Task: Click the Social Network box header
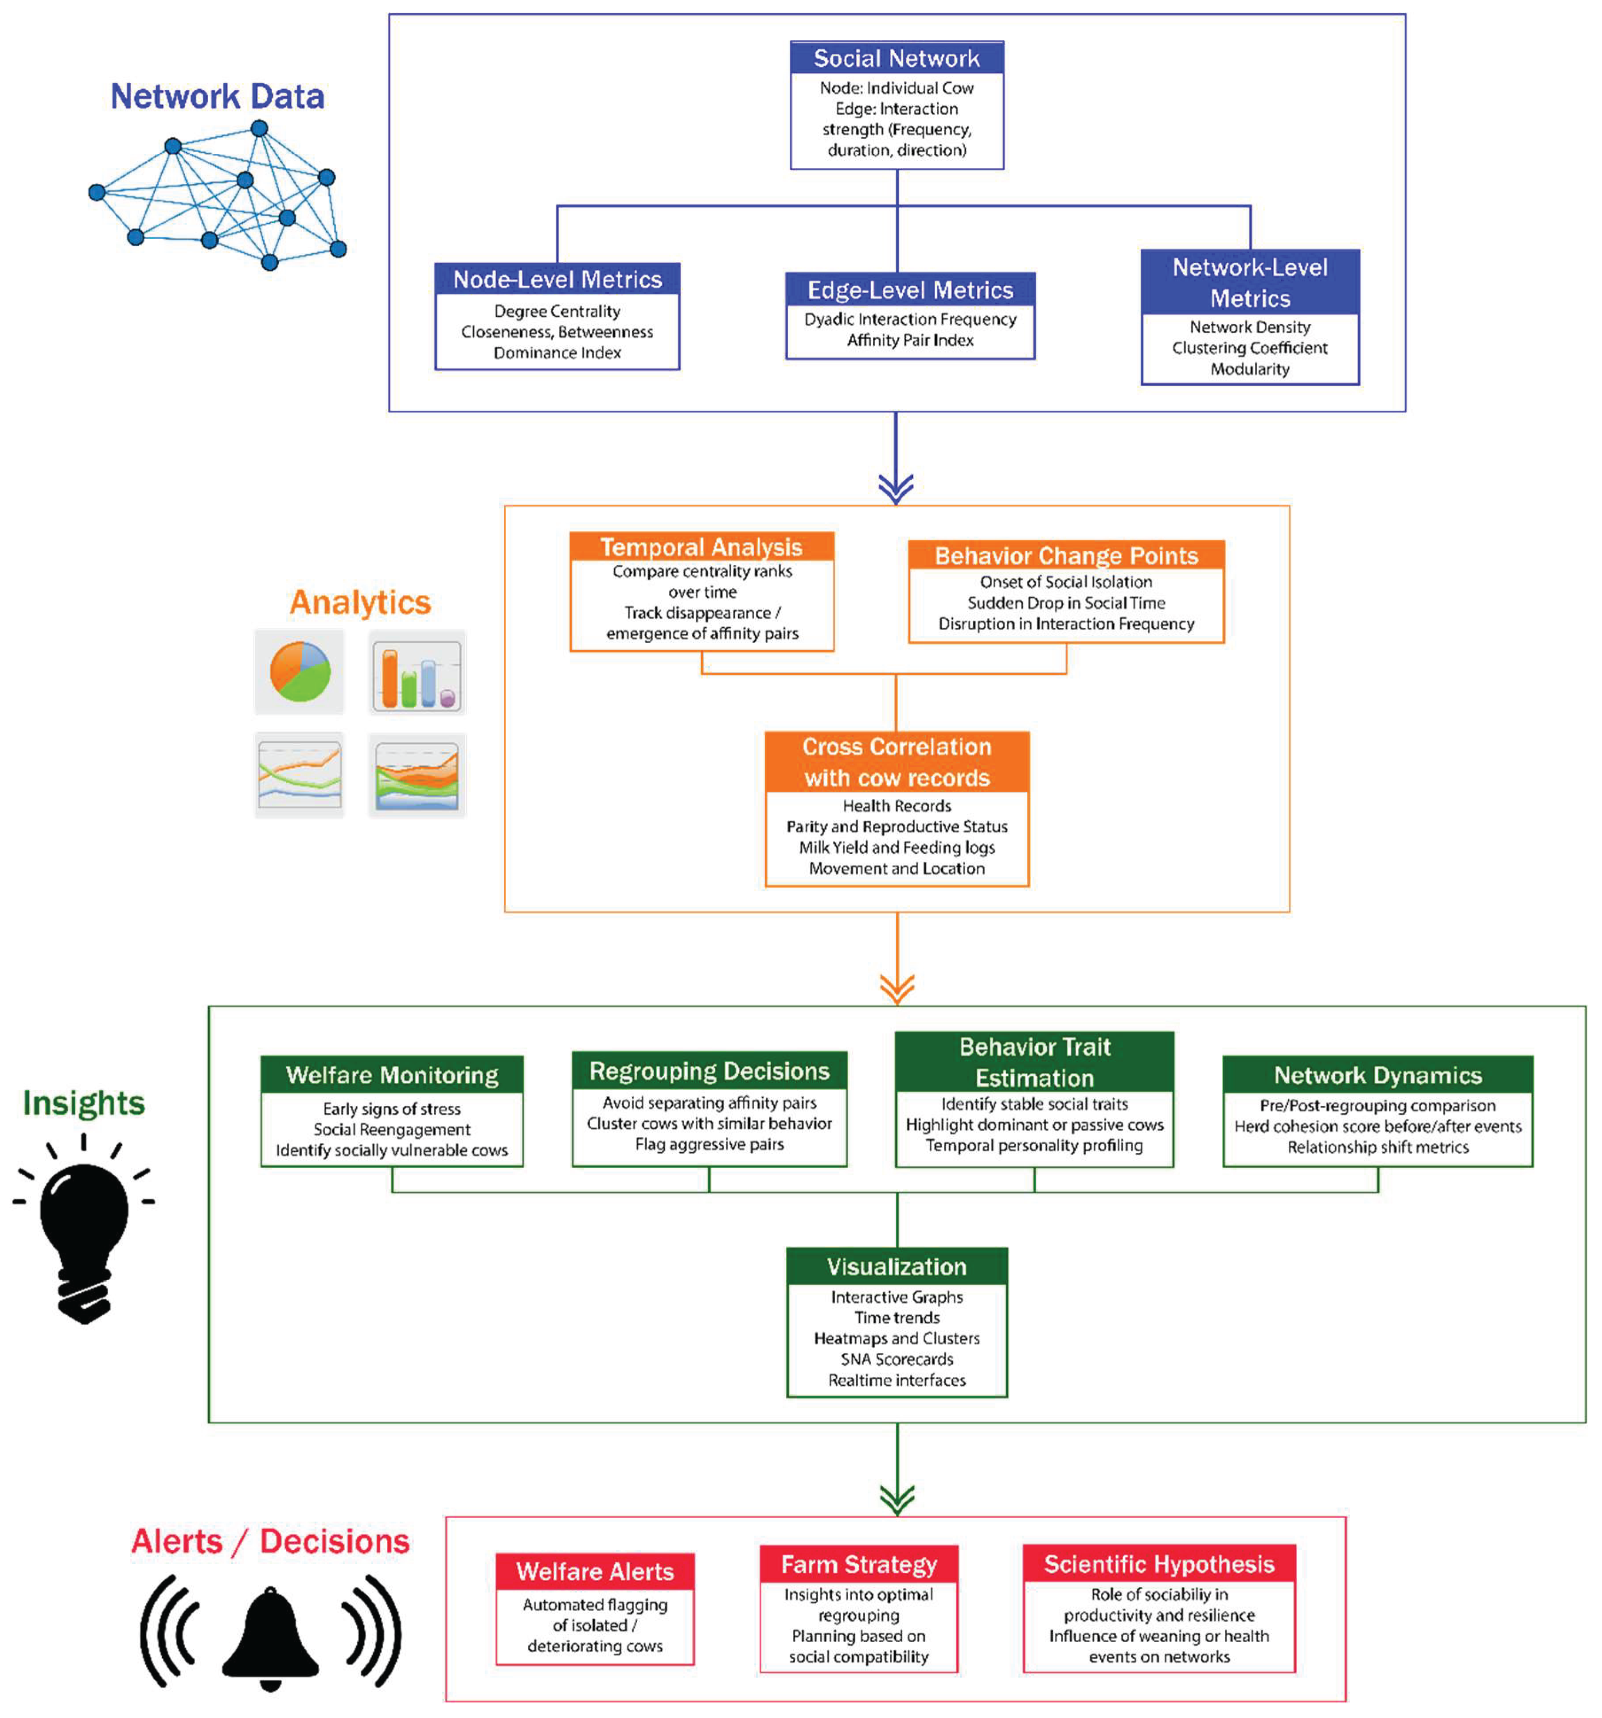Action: click(x=896, y=58)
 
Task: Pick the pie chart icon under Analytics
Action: click(x=299, y=672)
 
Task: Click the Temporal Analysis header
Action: click(x=701, y=547)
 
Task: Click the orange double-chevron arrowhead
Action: click(x=896, y=988)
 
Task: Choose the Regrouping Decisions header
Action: click(x=709, y=1071)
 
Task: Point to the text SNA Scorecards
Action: click(x=896, y=1359)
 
